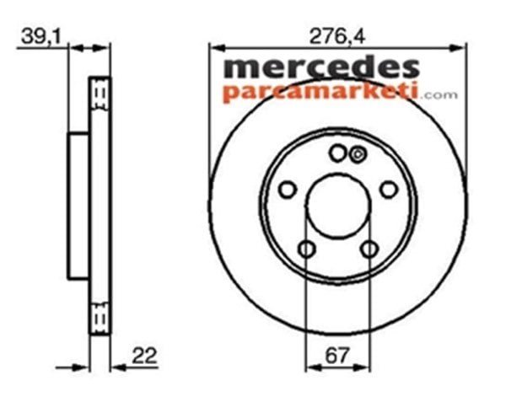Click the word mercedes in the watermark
(320, 68)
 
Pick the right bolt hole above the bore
(389, 190)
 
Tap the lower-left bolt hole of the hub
(306, 249)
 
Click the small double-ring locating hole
(356, 153)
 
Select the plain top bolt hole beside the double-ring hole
(338, 153)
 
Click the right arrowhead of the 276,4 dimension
(461, 47)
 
